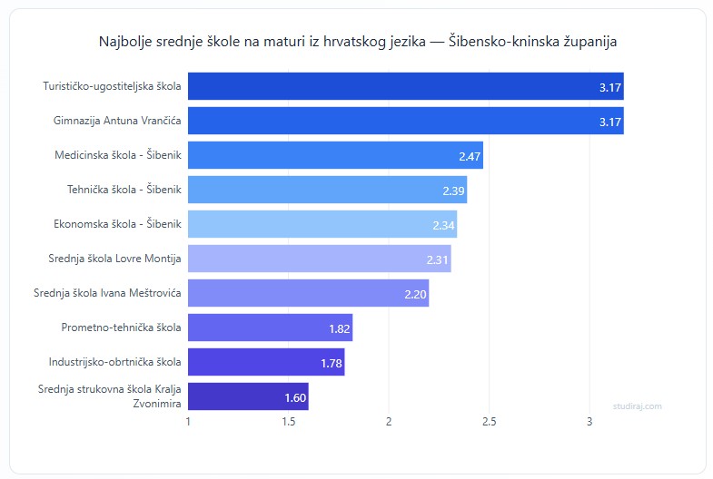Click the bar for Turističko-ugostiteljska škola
405,86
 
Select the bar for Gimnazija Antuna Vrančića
405,121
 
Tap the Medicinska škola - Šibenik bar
335,155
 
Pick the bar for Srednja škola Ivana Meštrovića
308,293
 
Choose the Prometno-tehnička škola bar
270,327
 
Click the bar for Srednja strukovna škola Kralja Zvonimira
248,396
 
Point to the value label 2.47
469,156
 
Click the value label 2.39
453,191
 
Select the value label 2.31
438,259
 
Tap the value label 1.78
331,363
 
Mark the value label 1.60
295,397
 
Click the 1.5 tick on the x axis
289,422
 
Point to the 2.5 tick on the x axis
489,422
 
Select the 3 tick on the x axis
589,422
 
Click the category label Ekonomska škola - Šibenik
119,223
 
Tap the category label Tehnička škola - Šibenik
124,189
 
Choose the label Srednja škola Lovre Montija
114,259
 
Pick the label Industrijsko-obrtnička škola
114,362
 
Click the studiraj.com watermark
638,406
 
